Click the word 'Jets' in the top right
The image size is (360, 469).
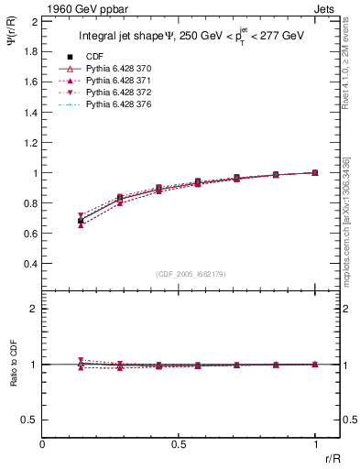[327, 8]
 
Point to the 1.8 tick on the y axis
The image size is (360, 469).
[29, 51]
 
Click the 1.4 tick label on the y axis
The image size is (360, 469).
[29, 112]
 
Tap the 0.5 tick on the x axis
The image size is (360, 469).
[179, 443]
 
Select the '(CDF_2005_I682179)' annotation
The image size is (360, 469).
[191, 274]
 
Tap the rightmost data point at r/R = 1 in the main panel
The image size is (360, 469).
[315, 172]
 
